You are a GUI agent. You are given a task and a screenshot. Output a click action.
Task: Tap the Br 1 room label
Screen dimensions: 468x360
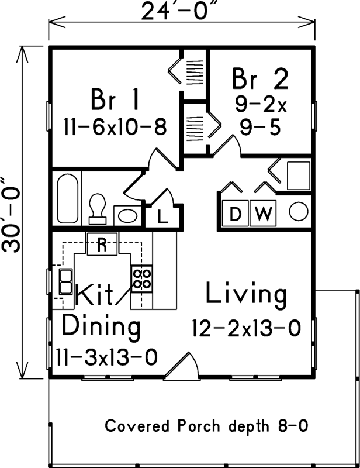point(115,100)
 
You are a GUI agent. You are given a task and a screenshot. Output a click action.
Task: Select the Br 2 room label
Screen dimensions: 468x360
point(260,80)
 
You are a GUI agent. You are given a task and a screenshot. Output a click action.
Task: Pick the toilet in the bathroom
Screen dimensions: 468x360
point(97,208)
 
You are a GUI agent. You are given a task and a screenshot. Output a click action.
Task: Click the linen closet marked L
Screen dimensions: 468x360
point(163,216)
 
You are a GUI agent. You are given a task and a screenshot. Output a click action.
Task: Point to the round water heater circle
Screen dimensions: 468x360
point(298,212)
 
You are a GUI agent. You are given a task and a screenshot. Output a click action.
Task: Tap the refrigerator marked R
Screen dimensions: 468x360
point(102,245)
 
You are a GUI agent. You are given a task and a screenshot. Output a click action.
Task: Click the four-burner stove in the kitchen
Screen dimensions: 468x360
point(141,279)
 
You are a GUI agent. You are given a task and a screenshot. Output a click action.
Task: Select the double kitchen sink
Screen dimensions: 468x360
point(64,281)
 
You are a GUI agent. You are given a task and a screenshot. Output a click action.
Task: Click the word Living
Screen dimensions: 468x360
point(246,295)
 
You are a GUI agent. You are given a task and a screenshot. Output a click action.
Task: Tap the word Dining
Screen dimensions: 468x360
point(101,326)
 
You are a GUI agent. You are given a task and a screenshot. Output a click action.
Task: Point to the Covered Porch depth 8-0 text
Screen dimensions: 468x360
point(206,426)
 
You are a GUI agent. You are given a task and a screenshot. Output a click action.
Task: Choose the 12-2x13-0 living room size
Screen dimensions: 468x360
point(246,329)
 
